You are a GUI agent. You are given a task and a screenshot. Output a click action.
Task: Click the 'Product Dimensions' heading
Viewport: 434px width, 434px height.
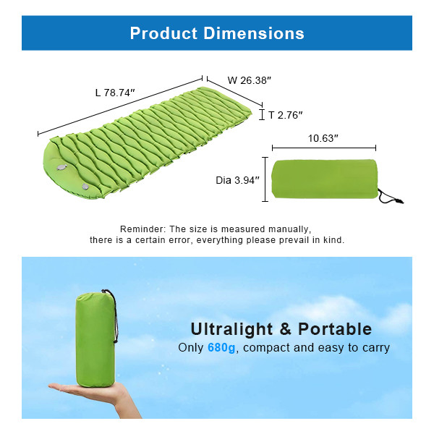coord(217,33)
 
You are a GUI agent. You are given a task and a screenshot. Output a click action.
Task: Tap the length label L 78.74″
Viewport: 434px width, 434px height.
coord(115,92)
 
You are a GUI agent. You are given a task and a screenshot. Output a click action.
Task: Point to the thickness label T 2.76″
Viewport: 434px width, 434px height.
coord(285,114)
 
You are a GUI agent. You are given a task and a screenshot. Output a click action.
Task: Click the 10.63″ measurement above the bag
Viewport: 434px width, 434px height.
coord(323,138)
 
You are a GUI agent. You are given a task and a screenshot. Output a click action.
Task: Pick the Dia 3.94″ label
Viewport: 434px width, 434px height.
coord(237,181)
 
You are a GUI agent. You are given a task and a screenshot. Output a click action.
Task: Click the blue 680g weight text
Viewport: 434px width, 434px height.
coord(221,348)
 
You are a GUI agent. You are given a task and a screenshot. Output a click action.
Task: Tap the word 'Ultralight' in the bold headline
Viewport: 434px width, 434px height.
coord(230,329)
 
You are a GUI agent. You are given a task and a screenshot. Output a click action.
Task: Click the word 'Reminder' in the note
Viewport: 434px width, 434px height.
coord(141,228)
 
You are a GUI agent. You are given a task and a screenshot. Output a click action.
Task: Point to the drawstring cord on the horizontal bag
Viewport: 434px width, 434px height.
coord(391,197)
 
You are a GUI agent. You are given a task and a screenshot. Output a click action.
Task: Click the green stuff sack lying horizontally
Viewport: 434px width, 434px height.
coord(324,181)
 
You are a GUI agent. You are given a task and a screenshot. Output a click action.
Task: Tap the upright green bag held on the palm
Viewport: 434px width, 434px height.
coord(94,336)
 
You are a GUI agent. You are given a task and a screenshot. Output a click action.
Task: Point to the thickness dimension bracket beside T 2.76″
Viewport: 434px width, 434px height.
coord(263,114)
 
